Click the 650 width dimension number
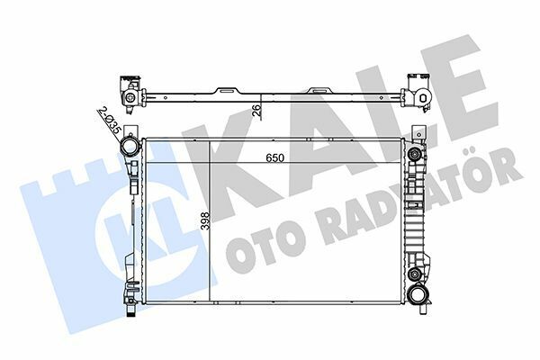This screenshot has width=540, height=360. (274, 157)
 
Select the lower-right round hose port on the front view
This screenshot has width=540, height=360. (416, 294)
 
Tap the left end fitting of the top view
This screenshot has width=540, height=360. (129, 93)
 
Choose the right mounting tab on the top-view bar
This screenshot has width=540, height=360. (319, 91)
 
